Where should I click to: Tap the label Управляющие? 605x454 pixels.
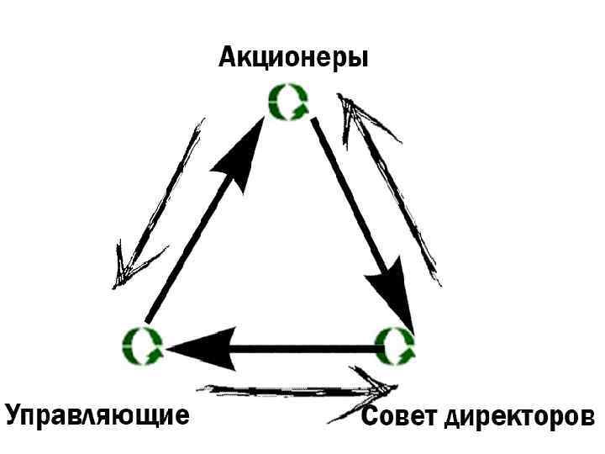coord(97,415)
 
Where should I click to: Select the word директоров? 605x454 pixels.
coord(518,417)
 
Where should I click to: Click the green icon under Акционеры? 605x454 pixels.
coord(288,103)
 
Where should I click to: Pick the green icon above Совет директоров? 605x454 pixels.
coord(393,345)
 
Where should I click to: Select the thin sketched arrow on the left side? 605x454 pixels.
coord(160,206)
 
